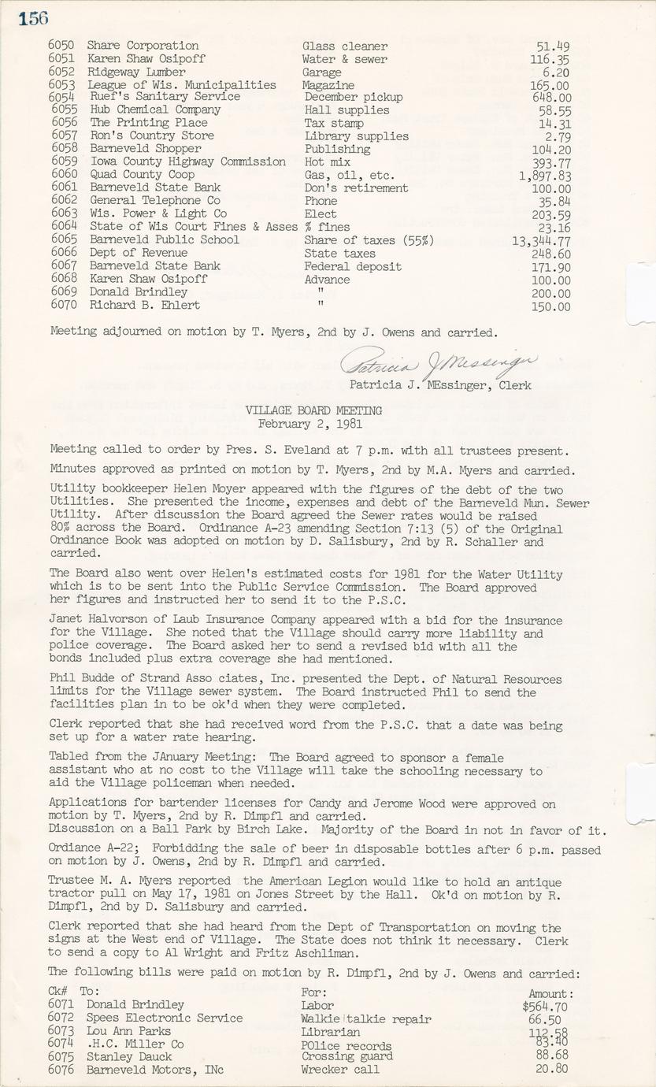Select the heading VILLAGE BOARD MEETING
(x=313, y=410)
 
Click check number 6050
(x=61, y=46)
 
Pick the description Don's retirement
(x=356, y=188)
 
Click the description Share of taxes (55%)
(x=369, y=240)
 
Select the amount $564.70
(x=545, y=1006)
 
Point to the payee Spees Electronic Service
(x=165, y=1018)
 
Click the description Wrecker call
(x=339, y=1070)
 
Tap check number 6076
(x=61, y=1070)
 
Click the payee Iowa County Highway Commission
(x=187, y=161)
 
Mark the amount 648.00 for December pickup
(x=551, y=98)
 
